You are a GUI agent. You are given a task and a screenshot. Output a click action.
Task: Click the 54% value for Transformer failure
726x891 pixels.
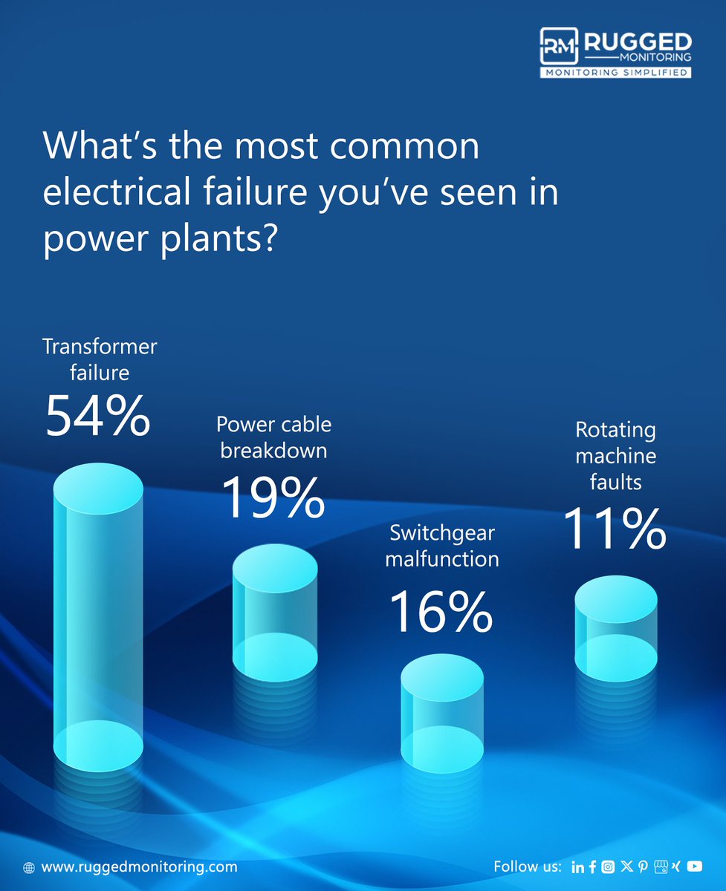(98, 417)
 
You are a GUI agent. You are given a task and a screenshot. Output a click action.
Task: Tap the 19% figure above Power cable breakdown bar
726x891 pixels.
(273, 497)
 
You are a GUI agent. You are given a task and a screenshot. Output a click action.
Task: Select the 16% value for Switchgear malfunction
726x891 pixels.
(441, 613)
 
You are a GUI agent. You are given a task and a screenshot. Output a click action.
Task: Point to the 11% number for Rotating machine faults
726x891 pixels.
(613, 529)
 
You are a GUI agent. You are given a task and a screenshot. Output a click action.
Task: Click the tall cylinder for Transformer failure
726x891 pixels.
(98, 616)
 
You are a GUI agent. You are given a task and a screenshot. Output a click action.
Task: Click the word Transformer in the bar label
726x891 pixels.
(100, 347)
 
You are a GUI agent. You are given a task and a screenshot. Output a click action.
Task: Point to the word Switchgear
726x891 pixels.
(442, 533)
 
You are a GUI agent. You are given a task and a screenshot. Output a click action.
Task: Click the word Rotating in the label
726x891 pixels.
(615, 430)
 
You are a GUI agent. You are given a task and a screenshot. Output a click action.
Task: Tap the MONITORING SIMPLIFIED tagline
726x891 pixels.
(616, 73)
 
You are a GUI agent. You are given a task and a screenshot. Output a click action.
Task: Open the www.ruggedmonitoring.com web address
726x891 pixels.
(139, 866)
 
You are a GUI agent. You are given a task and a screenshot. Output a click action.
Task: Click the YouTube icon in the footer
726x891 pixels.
(695, 866)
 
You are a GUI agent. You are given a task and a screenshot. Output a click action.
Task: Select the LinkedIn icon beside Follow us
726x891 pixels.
(577, 866)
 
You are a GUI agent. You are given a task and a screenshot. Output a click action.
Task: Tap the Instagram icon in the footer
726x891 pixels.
(609, 866)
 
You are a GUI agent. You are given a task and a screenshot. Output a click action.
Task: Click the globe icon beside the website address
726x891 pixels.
(29, 867)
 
